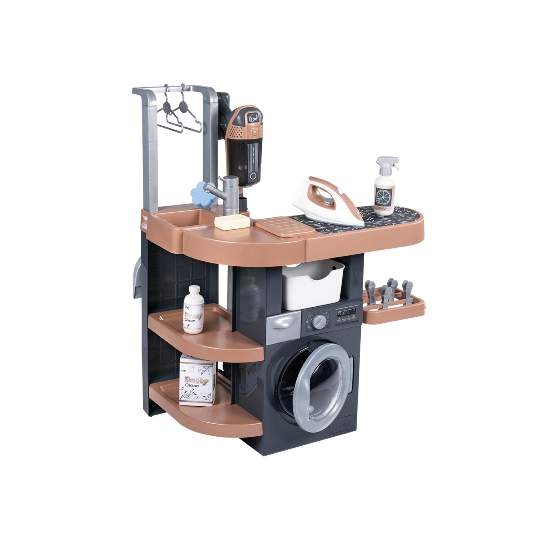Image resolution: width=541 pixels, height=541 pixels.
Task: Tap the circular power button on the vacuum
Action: coord(253,175)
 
